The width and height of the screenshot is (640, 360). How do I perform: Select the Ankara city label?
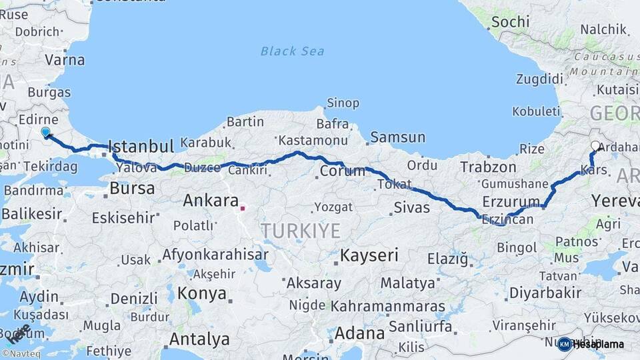coord(211,201)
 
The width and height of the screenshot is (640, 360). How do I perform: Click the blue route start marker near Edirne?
coord(45,132)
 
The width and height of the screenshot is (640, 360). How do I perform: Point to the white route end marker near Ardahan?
coord(595,145)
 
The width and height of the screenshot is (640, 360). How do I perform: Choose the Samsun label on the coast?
coord(397,137)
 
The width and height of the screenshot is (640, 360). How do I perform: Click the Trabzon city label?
coord(489,167)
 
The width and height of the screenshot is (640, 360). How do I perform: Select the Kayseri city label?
coord(369,255)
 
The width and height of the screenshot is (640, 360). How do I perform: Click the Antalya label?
coord(199,339)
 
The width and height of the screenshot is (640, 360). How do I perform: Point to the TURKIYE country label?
coord(301,231)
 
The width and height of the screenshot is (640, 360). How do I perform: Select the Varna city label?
coord(65,60)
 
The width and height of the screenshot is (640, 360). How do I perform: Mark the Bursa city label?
coord(132,189)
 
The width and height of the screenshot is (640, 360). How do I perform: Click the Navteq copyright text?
coord(21,354)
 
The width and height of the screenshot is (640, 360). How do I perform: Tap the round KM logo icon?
coord(564,344)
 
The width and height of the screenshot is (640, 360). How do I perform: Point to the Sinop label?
coord(343,103)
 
